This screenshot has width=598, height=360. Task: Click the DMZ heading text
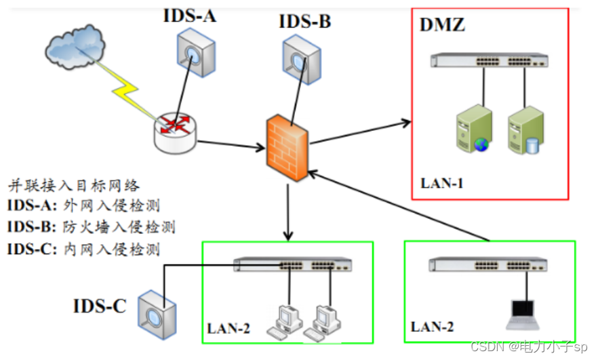tap(443, 27)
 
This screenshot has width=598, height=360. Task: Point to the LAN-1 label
tap(442, 182)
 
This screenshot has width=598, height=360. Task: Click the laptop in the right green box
tap(525, 311)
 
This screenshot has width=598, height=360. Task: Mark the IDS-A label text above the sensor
tap(189, 15)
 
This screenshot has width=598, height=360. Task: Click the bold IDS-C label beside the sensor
tap(100, 306)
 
